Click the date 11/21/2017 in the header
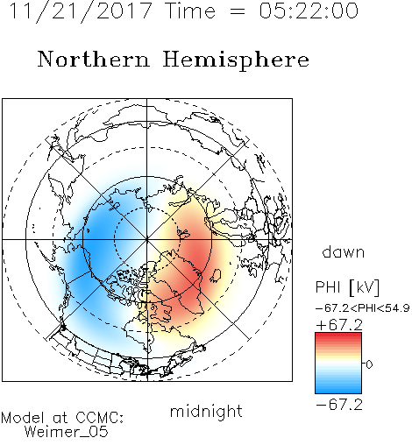click(81, 11)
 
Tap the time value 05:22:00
click(309, 11)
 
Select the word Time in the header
click(190, 11)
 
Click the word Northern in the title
click(94, 59)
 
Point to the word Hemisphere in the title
click(236, 60)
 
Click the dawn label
click(344, 251)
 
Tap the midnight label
click(206, 411)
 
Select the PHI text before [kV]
click(329, 287)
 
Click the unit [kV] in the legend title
click(365, 287)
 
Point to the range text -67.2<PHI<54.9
click(363, 308)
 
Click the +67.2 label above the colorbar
click(339, 325)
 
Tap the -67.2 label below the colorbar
click(339, 405)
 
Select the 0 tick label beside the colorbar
click(369, 364)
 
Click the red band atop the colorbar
click(338, 337)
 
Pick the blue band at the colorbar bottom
click(338, 388)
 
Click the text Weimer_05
click(67, 432)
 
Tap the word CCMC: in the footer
click(99, 418)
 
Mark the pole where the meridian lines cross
click(147, 239)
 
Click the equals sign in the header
click(238, 11)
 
